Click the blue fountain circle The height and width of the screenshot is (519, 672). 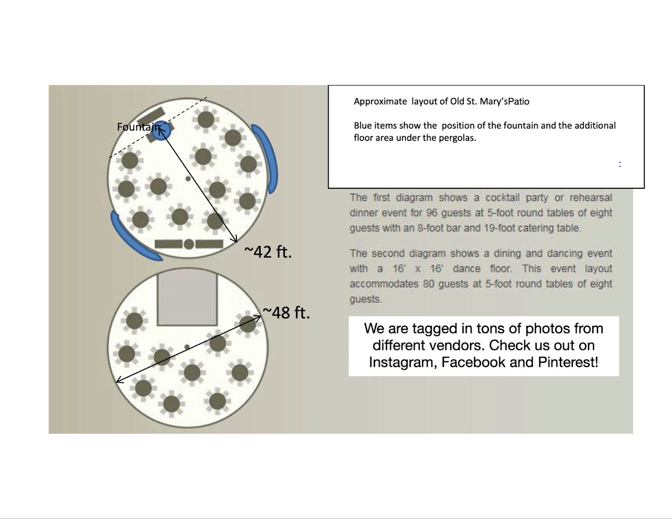161,131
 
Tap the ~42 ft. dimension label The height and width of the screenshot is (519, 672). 268,251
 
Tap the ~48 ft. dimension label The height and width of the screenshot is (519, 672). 286,312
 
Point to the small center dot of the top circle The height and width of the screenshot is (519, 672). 188,178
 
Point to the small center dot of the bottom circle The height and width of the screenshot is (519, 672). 187,347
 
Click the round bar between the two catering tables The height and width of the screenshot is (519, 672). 189,244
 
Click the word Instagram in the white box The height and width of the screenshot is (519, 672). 402,363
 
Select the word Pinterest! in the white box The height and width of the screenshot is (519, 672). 568,362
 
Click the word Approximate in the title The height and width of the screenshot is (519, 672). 381,102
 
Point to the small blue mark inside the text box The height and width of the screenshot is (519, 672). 620,164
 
